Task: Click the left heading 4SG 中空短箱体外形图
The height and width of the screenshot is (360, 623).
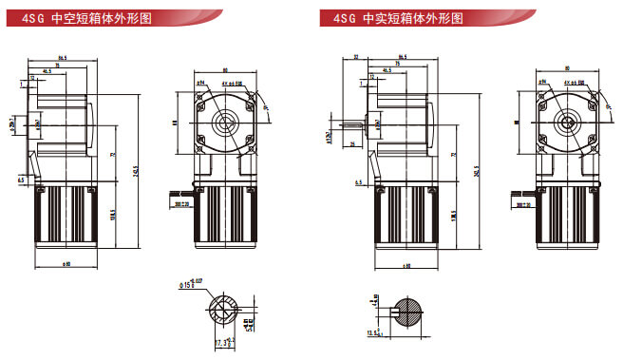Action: (x=77, y=17)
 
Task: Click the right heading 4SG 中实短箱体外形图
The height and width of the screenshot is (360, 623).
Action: (x=390, y=17)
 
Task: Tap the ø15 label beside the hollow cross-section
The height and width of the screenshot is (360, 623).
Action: (x=189, y=285)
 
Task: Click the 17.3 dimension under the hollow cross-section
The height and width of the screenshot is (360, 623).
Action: (x=219, y=339)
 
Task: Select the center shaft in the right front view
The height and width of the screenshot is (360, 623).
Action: (x=567, y=121)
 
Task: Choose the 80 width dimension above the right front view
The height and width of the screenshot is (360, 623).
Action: (x=567, y=67)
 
